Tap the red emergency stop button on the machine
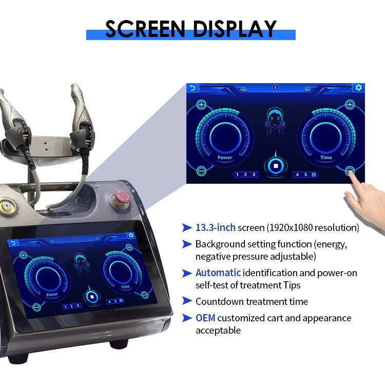pyautogui.click(x=122, y=196)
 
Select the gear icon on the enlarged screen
pyautogui.click(x=358, y=88)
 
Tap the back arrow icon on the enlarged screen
pyautogui.click(x=193, y=88)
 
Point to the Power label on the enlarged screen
pyautogui.click(x=225, y=158)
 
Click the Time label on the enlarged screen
pyautogui.click(x=326, y=158)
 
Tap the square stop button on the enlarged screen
pyautogui.click(x=275, y=166)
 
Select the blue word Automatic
pyautogui.click(x=218, y=273)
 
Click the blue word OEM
pyautogui.click(x=205, y=318)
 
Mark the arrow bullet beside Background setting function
pyautogui.click(x=187, y=244)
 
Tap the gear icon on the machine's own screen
pyautogui.click(x=131, y=235)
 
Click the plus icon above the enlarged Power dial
pyautogui.click(x=201, y=105)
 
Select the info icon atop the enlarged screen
pyautogui.click(x=276, y=88)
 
